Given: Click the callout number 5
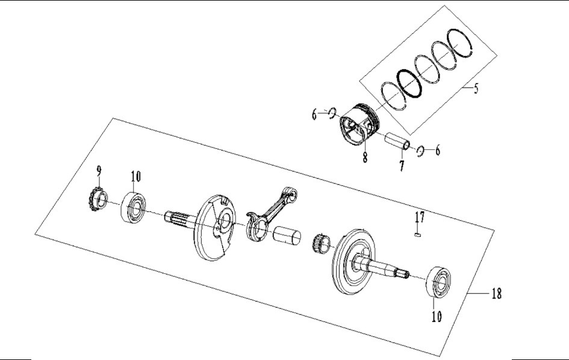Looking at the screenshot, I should tap(476, 90).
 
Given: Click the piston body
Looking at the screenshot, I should tap(358, 126).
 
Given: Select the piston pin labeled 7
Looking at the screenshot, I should tap(398, 143).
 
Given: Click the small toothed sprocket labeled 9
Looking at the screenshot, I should tap(97, 199).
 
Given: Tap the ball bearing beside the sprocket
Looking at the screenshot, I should tap(135, 207).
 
